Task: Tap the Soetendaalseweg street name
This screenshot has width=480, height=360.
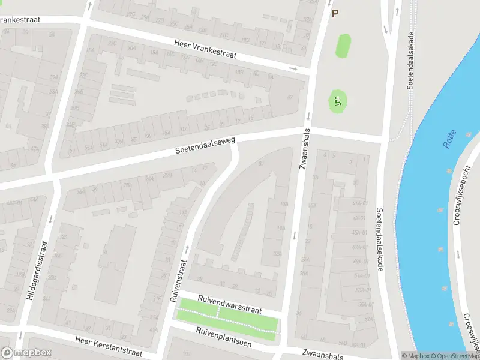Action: click(x=205, y=146)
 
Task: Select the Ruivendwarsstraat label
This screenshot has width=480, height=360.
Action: click(x=230, y=304)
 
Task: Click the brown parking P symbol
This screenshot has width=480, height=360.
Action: click(x=335, y=13)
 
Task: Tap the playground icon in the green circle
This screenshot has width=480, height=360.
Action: click(x=337, y=102)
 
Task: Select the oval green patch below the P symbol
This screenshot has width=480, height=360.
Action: click(x=343, y=46)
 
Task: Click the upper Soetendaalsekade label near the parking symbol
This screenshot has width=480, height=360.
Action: click(x=411, y=60)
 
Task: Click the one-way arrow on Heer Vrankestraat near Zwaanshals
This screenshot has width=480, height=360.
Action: click(x=293, y=68)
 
